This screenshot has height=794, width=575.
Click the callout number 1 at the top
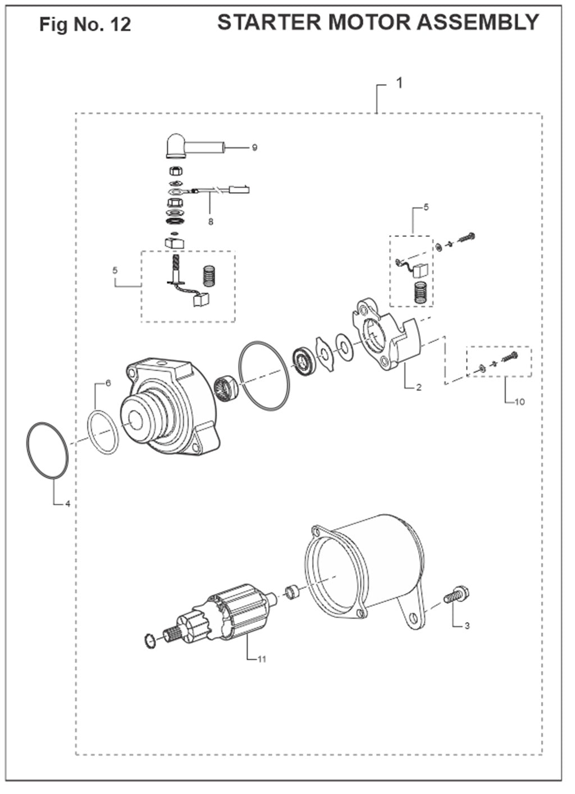tap(399, 83)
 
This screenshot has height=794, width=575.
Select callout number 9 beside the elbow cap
tap(254, 147)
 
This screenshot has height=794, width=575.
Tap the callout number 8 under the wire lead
tap(211, 222)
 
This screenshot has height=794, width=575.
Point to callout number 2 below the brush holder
tap(419, 387)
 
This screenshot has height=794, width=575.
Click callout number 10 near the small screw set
tap(519, 402)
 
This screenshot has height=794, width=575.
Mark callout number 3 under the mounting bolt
tap(467, 626)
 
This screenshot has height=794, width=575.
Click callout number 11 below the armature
tap(262, 659)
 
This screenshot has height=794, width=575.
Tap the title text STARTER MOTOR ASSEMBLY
tap(378, 22)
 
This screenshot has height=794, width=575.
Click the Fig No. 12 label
tap(85, 24)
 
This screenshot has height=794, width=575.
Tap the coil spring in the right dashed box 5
tap(420, 292)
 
